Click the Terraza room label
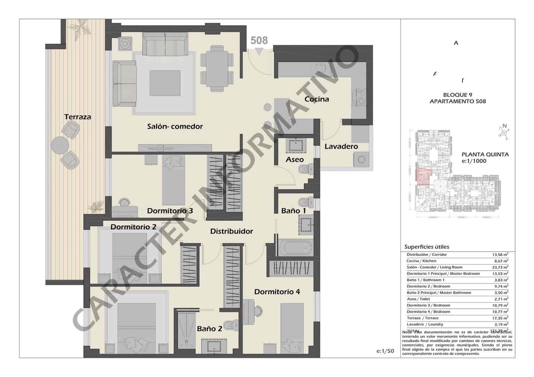[x=77, y=117]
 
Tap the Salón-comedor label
[x=175, y=126]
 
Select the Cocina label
[x=316, y=99]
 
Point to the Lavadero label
[x=341, y=146]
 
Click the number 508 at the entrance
[x=259, y=41]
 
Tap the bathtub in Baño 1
[x=295, y=248]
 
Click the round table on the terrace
[x=60, y=145]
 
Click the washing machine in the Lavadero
[x=361, y=159]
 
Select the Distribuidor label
[x=231, y=231]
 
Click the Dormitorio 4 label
[x=277, y=292]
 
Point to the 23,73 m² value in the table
[x=500, y=267]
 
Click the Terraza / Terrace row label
[x=422, y=318]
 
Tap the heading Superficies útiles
[x=427, y=247]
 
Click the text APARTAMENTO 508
[x=458, y=101]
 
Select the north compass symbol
[x=504, y=132]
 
